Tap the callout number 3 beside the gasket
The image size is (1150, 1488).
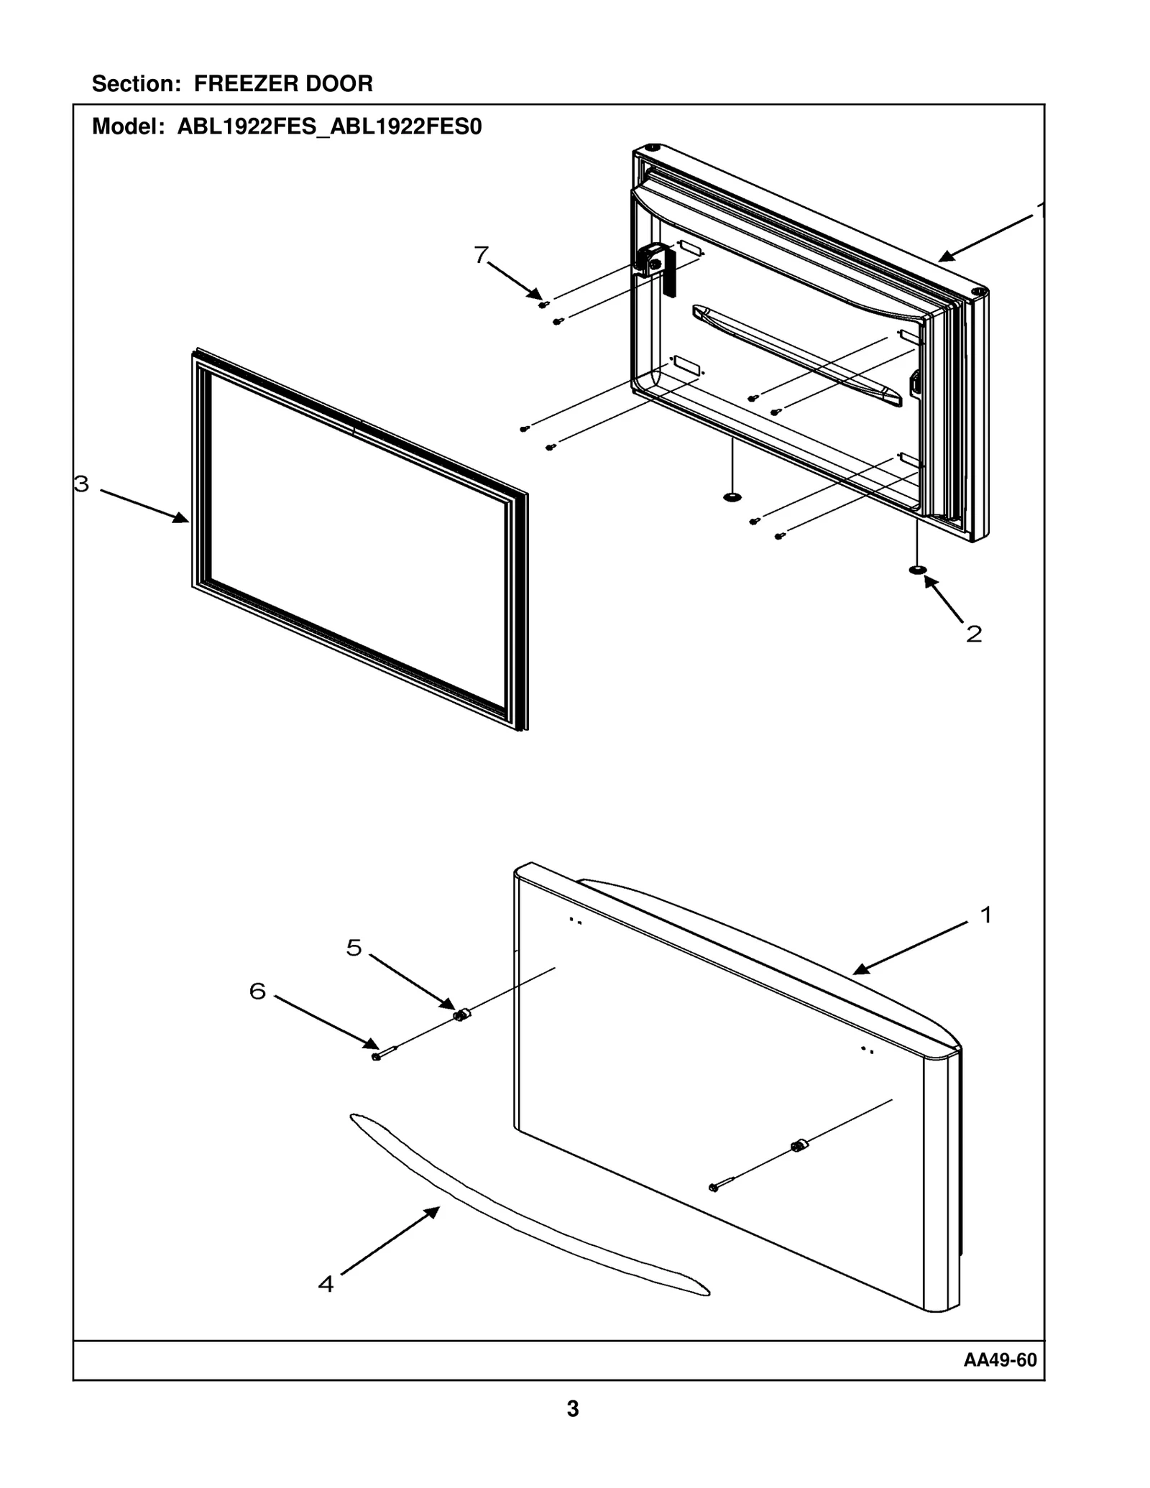[82, 484]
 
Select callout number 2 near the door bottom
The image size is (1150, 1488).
[973, 634]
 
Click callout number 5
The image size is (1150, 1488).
[354, 948]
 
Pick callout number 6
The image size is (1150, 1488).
[257, 992]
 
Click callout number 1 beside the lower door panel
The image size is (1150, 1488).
[986, 915]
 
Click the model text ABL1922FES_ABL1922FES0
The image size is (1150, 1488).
[329, 127]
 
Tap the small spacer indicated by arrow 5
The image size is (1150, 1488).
[461, 1015]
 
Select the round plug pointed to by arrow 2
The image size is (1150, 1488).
[917, 570]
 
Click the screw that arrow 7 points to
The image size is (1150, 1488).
[543, 305]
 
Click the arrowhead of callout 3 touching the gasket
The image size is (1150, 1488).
[183, 519]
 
